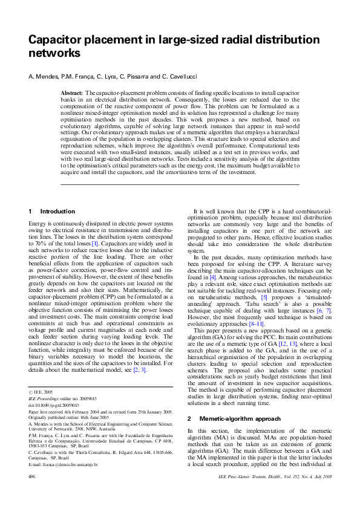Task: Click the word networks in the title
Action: tap(54, 53)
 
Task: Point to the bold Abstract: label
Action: tap(72, 92)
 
